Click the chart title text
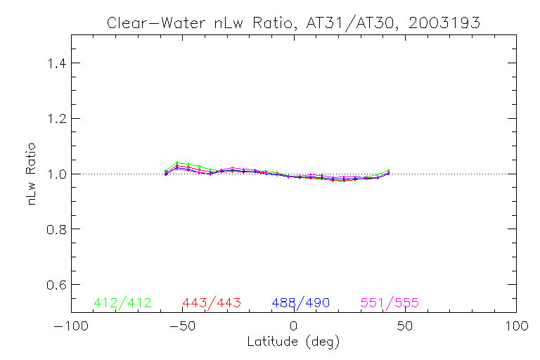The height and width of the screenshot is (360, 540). [293, 22]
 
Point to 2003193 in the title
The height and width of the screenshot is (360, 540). [446, 22]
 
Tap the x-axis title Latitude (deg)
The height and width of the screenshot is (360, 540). [293, 342]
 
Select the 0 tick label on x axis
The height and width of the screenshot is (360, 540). [294, 327]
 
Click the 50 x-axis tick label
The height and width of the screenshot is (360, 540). [405, 327]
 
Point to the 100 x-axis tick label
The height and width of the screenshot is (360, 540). [516, 327]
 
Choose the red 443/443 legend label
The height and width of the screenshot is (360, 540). [212, 303]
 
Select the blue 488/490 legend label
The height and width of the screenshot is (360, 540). [301, 303]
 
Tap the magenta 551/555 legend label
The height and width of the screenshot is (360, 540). [390, 303]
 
